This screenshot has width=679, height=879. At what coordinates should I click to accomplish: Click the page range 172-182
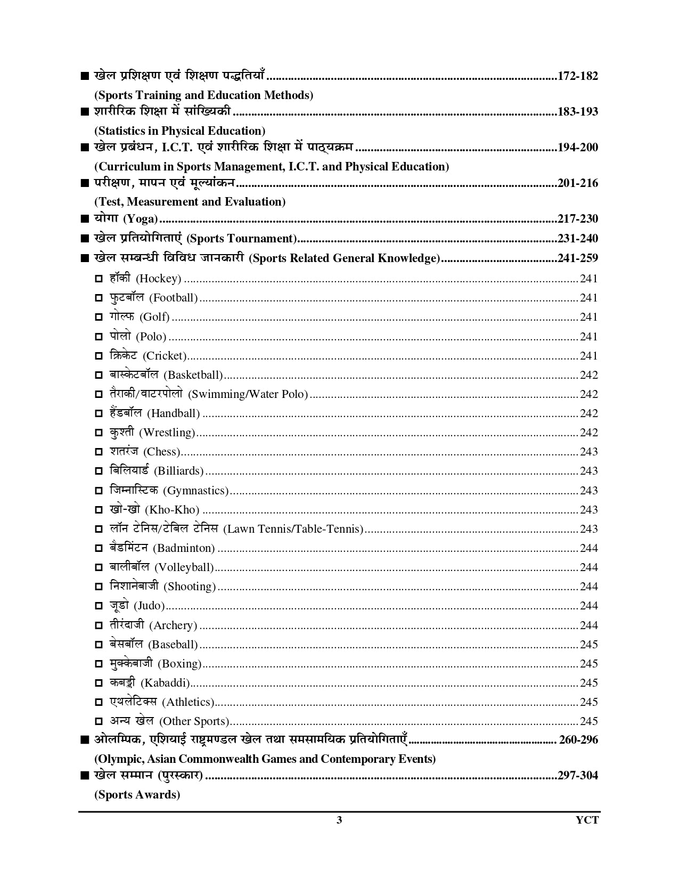point(577,76)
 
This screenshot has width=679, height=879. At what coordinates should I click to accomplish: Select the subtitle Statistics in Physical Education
point(179,131)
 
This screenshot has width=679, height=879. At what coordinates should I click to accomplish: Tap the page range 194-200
point(577,148)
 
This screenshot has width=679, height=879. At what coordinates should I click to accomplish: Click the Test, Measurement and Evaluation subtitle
point(190,202)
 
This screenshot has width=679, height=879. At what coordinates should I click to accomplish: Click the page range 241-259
point(577,258)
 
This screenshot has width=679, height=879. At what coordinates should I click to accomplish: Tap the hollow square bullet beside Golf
point(99,318)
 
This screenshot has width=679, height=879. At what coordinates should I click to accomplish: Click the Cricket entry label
point(148,356)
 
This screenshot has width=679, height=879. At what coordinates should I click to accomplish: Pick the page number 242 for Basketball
point(588,375)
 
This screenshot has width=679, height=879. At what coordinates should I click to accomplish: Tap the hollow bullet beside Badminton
point(99,548)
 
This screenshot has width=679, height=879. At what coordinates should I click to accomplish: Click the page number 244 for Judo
point(588,606)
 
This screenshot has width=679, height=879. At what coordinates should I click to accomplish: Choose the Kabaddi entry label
point(150,683)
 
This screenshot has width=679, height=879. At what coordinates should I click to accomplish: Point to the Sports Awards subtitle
point(137,795)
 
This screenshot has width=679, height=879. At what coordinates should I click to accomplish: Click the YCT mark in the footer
point(587,820)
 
